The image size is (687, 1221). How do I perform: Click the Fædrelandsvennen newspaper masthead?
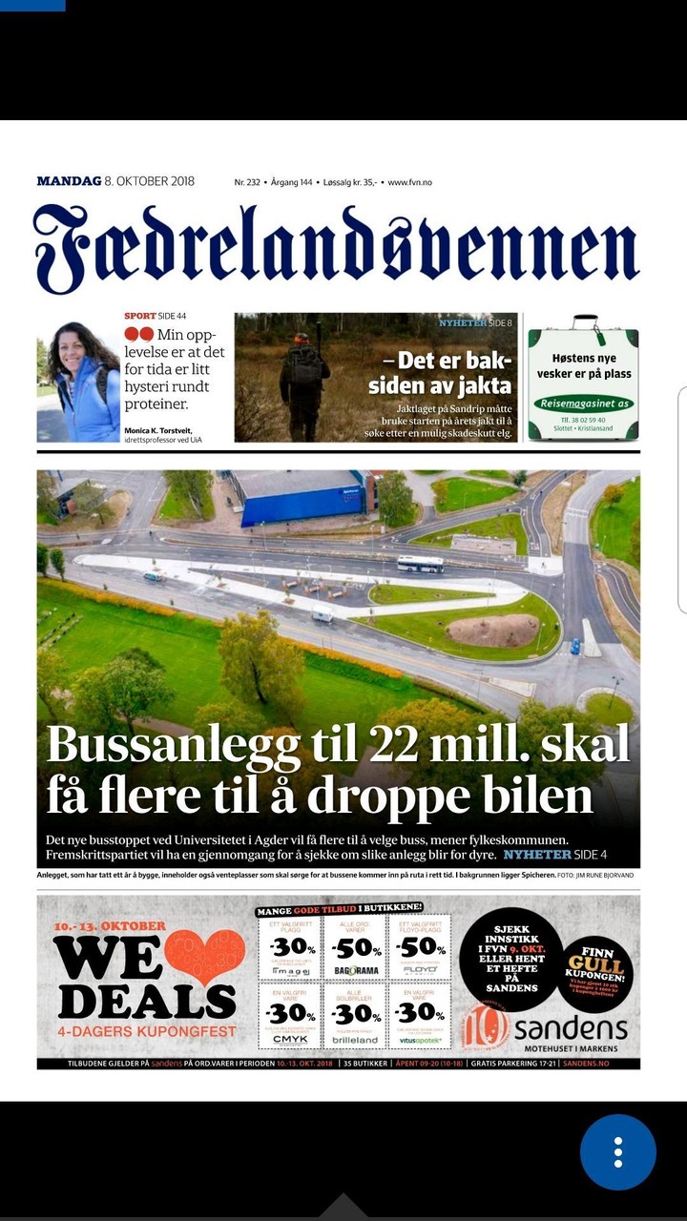[x=336, y=248]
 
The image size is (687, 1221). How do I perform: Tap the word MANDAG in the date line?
[x=69, y=181]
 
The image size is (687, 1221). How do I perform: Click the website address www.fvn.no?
[x=409, y=182]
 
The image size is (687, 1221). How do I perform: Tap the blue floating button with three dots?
[x=618, y=1152]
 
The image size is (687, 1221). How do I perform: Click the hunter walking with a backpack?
[x=303, y=382]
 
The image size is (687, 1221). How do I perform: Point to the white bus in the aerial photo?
[x=420, y=564]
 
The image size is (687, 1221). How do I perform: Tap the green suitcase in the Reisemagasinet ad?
[x=583, y=382]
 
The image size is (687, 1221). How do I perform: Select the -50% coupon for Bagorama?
[x=355, y=947]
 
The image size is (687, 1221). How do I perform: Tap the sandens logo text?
[x=571, y=1028]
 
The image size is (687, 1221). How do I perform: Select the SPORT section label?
[x=140, y=316]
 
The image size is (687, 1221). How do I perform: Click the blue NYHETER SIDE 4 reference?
[x=555, y=855]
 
